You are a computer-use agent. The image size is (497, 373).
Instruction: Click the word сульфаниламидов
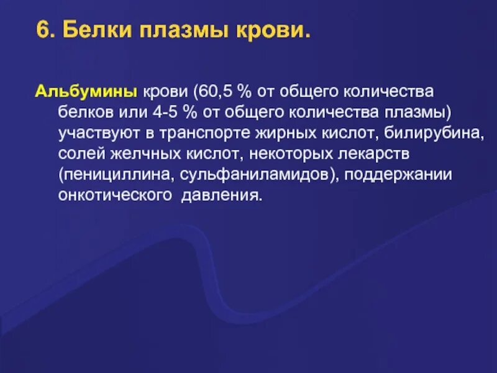pos(258,174)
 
